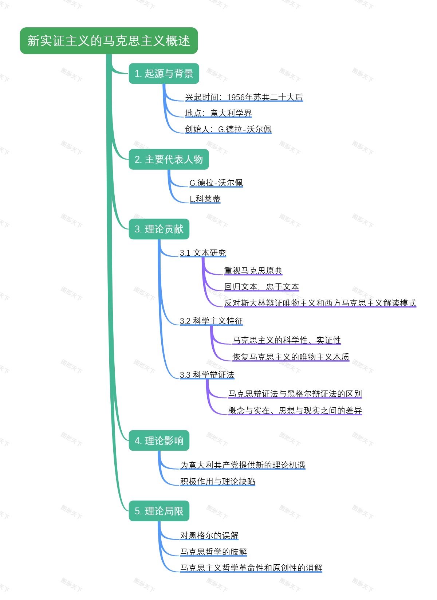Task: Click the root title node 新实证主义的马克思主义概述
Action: click(109, 41)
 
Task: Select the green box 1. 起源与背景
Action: click(164, 74)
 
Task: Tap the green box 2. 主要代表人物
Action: click(169, 160)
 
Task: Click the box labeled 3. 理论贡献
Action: click(159, 229)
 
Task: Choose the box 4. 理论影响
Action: click(159, 441)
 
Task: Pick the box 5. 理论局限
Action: click(159, 511)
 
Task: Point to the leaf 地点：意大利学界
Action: click(218, 113)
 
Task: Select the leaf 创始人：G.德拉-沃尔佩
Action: click(228, 129)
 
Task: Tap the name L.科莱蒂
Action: click(205, 199)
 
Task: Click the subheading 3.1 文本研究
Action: click(203, 253)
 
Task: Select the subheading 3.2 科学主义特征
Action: click(211, 321)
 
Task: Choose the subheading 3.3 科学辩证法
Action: click(207, 375)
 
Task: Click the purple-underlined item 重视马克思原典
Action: click(253, 271)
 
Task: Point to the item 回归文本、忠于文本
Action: click(261, 287)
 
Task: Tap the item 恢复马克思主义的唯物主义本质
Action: click(291, 357)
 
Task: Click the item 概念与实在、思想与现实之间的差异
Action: click(295, 411)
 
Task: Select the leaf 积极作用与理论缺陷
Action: click(217, 482)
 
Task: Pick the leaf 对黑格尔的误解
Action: click(209, 536)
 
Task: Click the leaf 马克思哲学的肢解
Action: click(213, 552)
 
